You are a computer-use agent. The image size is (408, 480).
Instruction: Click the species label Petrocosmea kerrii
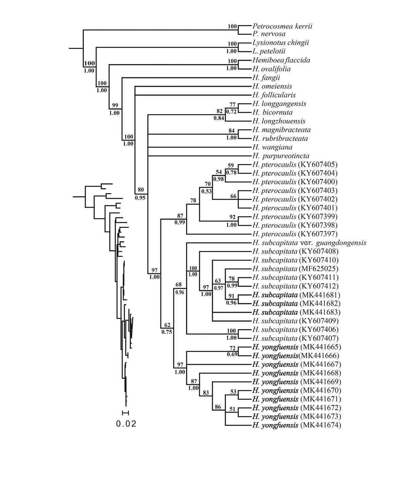282,26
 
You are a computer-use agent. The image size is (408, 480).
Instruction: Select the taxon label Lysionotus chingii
281,43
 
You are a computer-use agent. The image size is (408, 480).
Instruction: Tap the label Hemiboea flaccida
281,60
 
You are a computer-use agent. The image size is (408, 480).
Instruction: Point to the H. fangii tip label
266,77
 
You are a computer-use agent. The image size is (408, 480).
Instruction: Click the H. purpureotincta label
281,156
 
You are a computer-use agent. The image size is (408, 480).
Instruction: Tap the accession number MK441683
320,312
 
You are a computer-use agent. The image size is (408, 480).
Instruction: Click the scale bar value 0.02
126,424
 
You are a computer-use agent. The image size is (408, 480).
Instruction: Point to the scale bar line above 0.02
126,412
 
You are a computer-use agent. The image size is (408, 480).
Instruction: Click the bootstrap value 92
232,216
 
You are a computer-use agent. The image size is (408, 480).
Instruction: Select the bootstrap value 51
232,409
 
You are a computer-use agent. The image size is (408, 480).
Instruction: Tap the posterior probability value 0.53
206,191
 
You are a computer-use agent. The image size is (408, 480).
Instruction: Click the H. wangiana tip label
272,147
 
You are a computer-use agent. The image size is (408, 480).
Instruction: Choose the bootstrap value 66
233,196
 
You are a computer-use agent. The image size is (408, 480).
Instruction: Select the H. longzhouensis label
279,121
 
